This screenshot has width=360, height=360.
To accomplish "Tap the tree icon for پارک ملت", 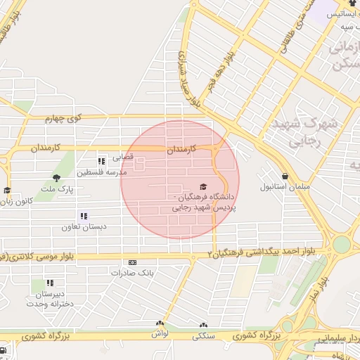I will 56,177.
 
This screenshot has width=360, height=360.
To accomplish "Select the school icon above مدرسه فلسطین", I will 102,162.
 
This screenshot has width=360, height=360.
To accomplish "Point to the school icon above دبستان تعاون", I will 84,216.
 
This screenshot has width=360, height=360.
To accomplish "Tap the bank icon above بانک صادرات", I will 132,262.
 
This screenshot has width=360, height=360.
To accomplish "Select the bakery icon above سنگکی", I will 204,325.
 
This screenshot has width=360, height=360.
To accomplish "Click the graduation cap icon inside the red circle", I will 203,187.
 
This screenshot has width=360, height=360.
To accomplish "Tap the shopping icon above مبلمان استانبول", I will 285,176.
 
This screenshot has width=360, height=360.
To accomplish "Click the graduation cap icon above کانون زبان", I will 7,190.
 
